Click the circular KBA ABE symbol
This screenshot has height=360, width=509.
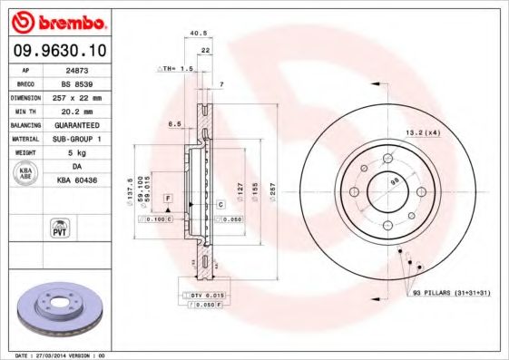[26, 174]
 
